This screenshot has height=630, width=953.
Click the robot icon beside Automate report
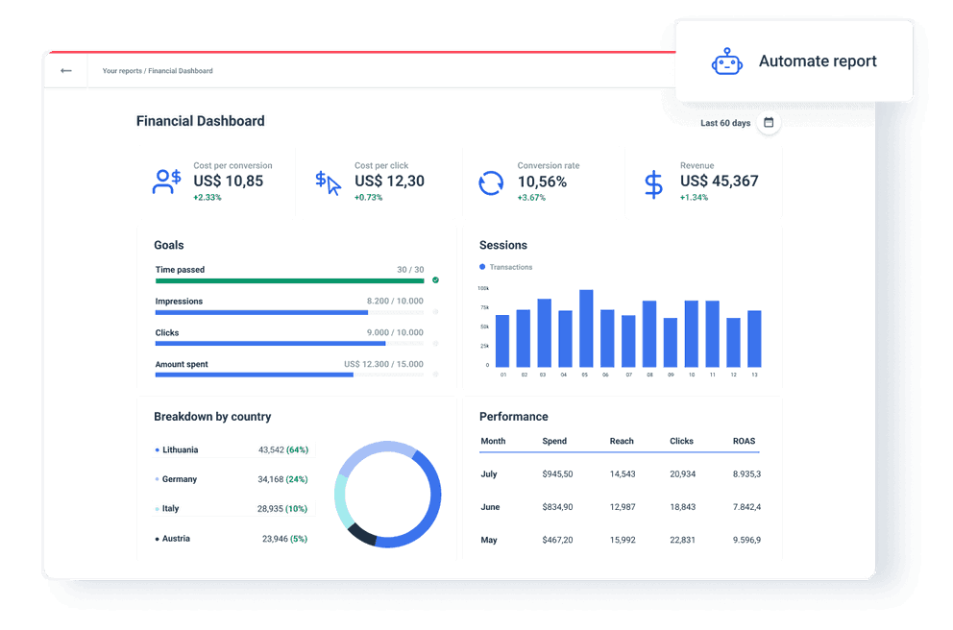(x=727, y=61)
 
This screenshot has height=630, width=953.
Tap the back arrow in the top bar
(x=65, y=71)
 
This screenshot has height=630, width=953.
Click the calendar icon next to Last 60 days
(x=769, y=123)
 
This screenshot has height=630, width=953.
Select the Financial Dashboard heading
(x=200, y=121)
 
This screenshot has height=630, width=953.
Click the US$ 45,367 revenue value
(x=719, y=181)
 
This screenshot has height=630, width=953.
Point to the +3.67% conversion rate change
(x=531, y=198)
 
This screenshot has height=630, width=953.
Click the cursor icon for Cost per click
(x=328, y=182)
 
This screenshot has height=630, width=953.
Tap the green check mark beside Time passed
(x=435, y=280)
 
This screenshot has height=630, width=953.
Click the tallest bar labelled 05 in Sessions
(x=586, y=327)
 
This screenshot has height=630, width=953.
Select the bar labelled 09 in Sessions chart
(x=671, y=342)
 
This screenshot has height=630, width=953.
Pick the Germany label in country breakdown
(x=179, y=479)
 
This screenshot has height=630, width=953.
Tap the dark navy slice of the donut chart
(x=360, y=535)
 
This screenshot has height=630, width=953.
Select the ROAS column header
(x=744, y=441)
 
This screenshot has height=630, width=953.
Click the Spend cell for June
(x=557, y=507)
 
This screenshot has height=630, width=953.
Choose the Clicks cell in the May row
(x=682, y=540)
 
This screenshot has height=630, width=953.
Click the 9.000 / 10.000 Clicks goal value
(x=395, y=333)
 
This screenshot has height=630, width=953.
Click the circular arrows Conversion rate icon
(x=491, y=182)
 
